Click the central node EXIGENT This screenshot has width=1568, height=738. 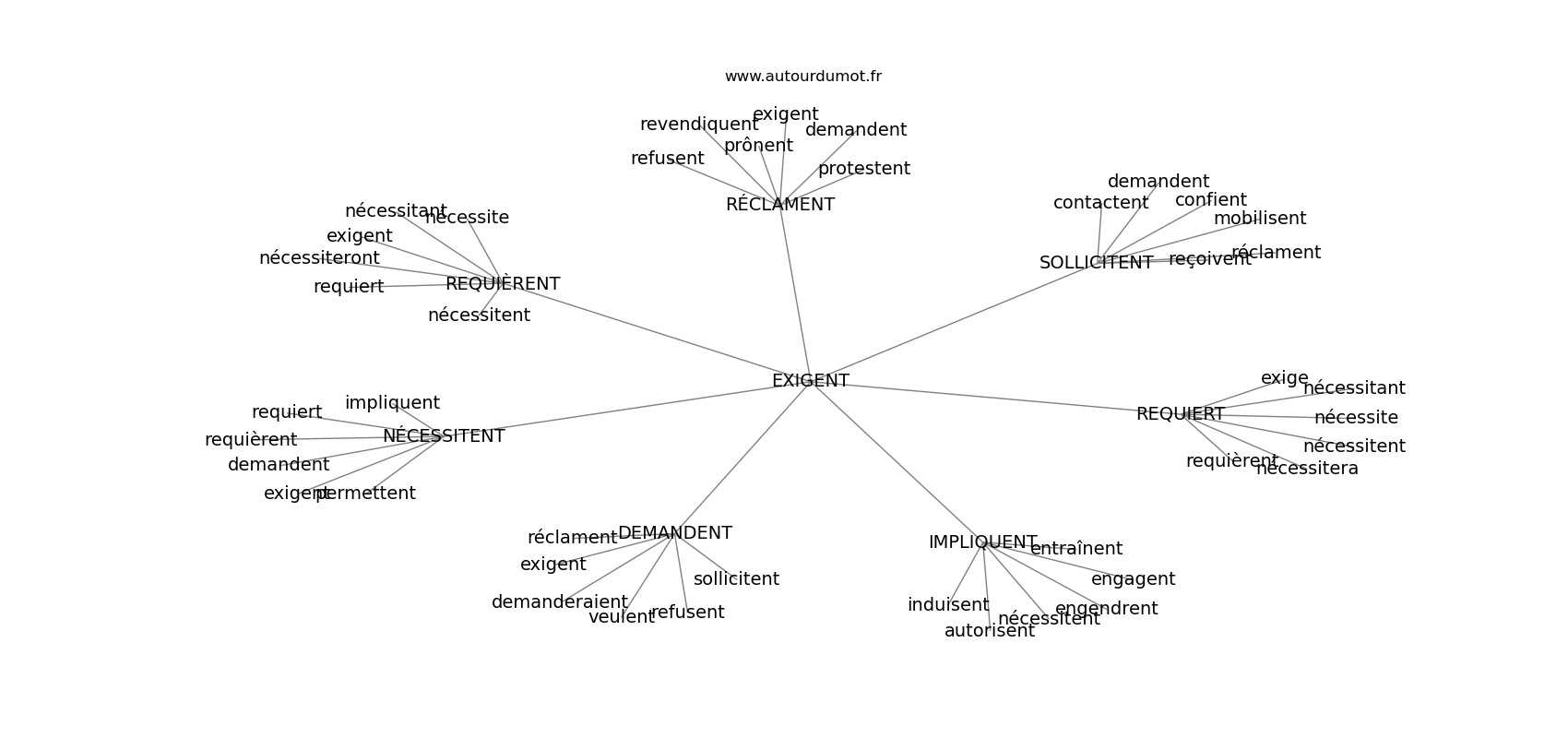810,381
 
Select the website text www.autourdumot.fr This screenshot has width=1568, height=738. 802,77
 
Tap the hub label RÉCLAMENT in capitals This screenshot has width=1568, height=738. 779,205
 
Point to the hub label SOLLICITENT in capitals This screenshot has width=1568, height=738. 1096,263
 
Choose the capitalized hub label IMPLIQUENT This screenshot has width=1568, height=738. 982,542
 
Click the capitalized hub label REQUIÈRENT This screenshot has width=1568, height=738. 503,284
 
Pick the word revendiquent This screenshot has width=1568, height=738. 699,125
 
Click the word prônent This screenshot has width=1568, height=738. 758,146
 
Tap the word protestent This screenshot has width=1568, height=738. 863,169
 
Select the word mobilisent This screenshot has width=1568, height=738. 1259,219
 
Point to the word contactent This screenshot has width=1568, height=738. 1100,203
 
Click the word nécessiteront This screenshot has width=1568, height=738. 319,258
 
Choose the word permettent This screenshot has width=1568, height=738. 366,494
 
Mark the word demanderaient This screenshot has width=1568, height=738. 559,602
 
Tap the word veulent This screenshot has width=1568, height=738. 621,617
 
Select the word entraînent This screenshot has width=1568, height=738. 1076,549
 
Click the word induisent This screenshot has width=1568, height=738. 947,605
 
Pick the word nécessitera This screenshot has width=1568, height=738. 1307,469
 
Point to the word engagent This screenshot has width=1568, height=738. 1133,579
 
